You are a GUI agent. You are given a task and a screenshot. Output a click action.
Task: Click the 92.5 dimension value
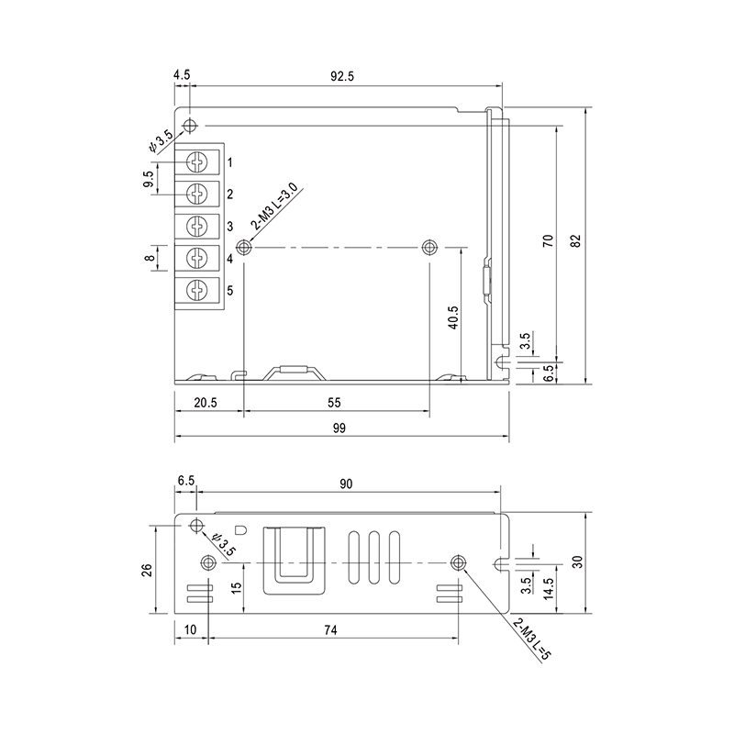[x=342, y=76]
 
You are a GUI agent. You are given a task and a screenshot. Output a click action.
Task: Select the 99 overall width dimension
[x=339, y=428]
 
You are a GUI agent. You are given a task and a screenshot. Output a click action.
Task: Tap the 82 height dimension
[x=576, y=240]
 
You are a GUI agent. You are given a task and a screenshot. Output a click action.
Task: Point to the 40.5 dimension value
[x=453, y=317]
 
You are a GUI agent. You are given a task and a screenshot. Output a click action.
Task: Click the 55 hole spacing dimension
[x=334, y=403]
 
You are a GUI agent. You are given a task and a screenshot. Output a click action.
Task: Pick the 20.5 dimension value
[x=206, y=403]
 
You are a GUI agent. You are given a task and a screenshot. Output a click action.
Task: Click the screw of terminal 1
[x=196, y=162]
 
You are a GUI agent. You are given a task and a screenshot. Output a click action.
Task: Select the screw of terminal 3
[x=196, y=226]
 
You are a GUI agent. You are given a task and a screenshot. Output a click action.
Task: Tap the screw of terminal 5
[x=196, y=290]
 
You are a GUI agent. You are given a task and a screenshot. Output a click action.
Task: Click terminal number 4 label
[x=230, y=259]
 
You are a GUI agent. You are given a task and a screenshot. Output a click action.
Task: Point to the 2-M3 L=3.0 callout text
[x=274, y=206]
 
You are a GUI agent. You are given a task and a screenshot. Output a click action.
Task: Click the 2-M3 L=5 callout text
[x=532, y=639]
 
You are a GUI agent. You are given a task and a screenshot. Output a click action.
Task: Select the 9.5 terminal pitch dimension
[x=149, y=179]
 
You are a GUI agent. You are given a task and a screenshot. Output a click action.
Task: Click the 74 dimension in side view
[x=330, y=630]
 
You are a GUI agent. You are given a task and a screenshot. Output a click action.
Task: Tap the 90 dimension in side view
[x=346, y=484]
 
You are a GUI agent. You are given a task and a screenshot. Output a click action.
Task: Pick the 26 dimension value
[x=147, y=569]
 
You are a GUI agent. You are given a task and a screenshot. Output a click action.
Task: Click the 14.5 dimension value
[x=549, y=588]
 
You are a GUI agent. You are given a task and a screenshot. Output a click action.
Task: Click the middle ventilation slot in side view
[x=373, y=558]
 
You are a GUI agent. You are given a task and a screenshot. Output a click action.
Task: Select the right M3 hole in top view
[x=428, y=247]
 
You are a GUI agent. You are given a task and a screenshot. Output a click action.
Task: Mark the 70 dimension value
[x=548, y=240]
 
